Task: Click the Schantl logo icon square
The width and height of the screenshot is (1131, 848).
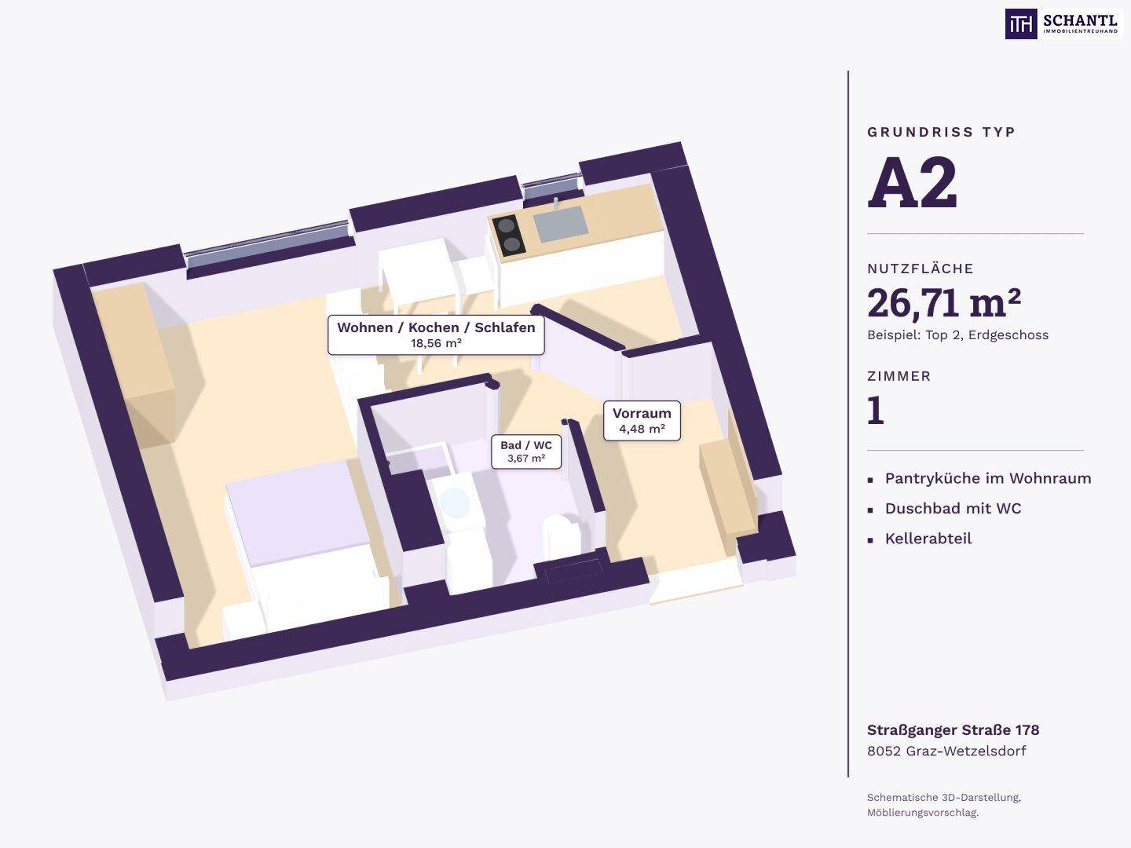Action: point(1021,24)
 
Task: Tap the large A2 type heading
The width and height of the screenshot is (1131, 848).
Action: point(912,182)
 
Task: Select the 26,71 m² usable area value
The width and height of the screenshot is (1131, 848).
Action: point(944,303)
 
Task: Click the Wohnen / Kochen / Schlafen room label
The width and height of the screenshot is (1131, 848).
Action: point(436,327)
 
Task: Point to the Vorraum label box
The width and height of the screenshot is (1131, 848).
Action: point(642,421)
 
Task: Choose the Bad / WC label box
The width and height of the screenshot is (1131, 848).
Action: point(526,451)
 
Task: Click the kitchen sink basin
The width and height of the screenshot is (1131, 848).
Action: point(561,224)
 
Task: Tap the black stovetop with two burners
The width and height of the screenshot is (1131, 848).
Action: point(509,236)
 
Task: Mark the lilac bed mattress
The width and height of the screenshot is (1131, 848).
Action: point(298,513)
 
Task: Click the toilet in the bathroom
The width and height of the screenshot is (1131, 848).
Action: point(561,535)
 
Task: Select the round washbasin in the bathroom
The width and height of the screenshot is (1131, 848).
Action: point(455,503)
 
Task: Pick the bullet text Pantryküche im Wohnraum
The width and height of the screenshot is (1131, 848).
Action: point(988,478)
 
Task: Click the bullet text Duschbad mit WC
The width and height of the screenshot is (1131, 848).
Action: point(953,508)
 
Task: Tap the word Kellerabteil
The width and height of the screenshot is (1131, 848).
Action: point(928,539)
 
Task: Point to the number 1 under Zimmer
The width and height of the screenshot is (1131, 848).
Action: point(876,411)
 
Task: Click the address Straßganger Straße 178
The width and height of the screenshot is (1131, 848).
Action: point(953,730)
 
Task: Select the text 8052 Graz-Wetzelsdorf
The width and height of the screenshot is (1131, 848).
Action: point(946,751)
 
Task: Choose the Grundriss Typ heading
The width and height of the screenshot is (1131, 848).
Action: point(941,133)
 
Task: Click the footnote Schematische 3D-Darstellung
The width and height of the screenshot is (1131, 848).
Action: point(944,797)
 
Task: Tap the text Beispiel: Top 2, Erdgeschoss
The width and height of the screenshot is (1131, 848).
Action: point(958,335)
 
